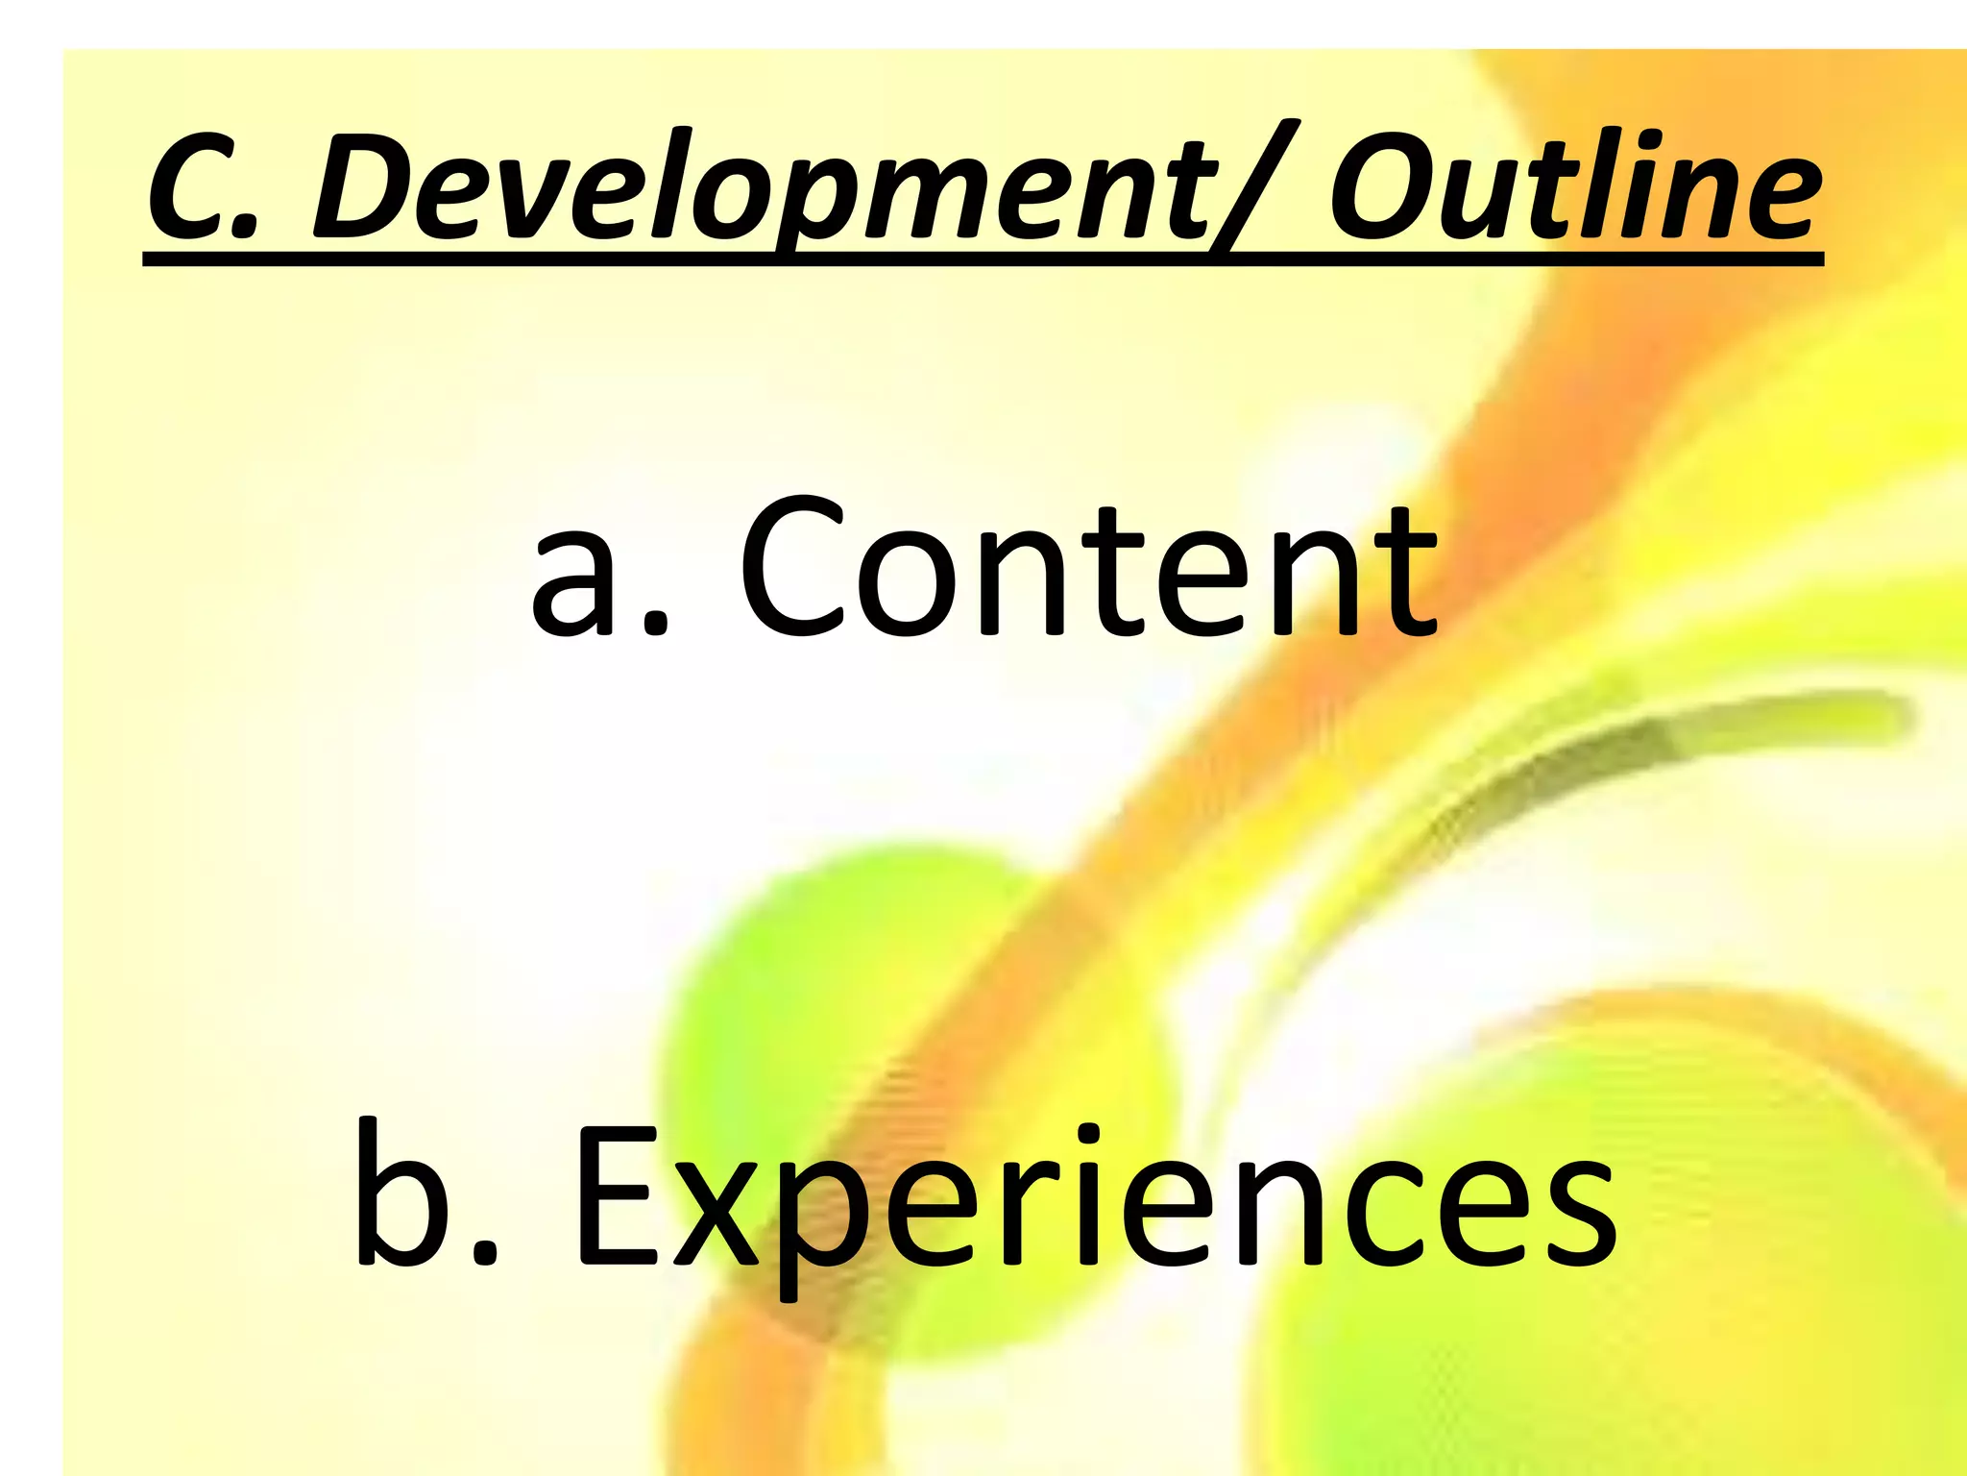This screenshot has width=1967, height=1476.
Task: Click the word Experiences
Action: point(1095,1196)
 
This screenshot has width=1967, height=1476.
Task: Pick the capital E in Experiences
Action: point(616,1196)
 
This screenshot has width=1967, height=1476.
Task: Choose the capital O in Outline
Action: point(1384,187)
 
